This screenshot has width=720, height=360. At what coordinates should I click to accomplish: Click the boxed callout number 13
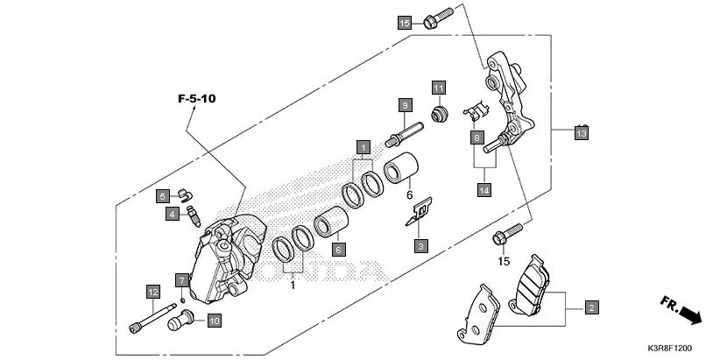tap(581, 133)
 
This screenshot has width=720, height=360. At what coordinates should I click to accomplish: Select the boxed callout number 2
tap(592, 307)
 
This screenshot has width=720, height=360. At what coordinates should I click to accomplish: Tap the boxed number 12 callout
tap(152, 292)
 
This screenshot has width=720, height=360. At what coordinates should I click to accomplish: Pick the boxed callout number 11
tap(438, 88)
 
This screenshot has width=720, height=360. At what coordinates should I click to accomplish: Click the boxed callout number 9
tap(404, 105)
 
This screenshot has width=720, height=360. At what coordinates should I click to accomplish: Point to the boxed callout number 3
tap(421, 246)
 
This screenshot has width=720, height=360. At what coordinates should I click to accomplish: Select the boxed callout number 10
tap(214, 321)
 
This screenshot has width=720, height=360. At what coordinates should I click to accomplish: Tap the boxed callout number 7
tap(181, 280)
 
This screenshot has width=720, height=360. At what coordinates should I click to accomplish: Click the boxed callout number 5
tap(163, 195)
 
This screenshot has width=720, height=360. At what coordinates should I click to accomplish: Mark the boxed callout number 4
tap(173, 213)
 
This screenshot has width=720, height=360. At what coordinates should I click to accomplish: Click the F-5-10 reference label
tap(196, 99)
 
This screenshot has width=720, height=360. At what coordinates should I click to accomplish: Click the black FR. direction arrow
tap(690, 313)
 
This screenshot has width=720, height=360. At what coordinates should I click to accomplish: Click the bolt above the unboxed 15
tap(506, 234)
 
